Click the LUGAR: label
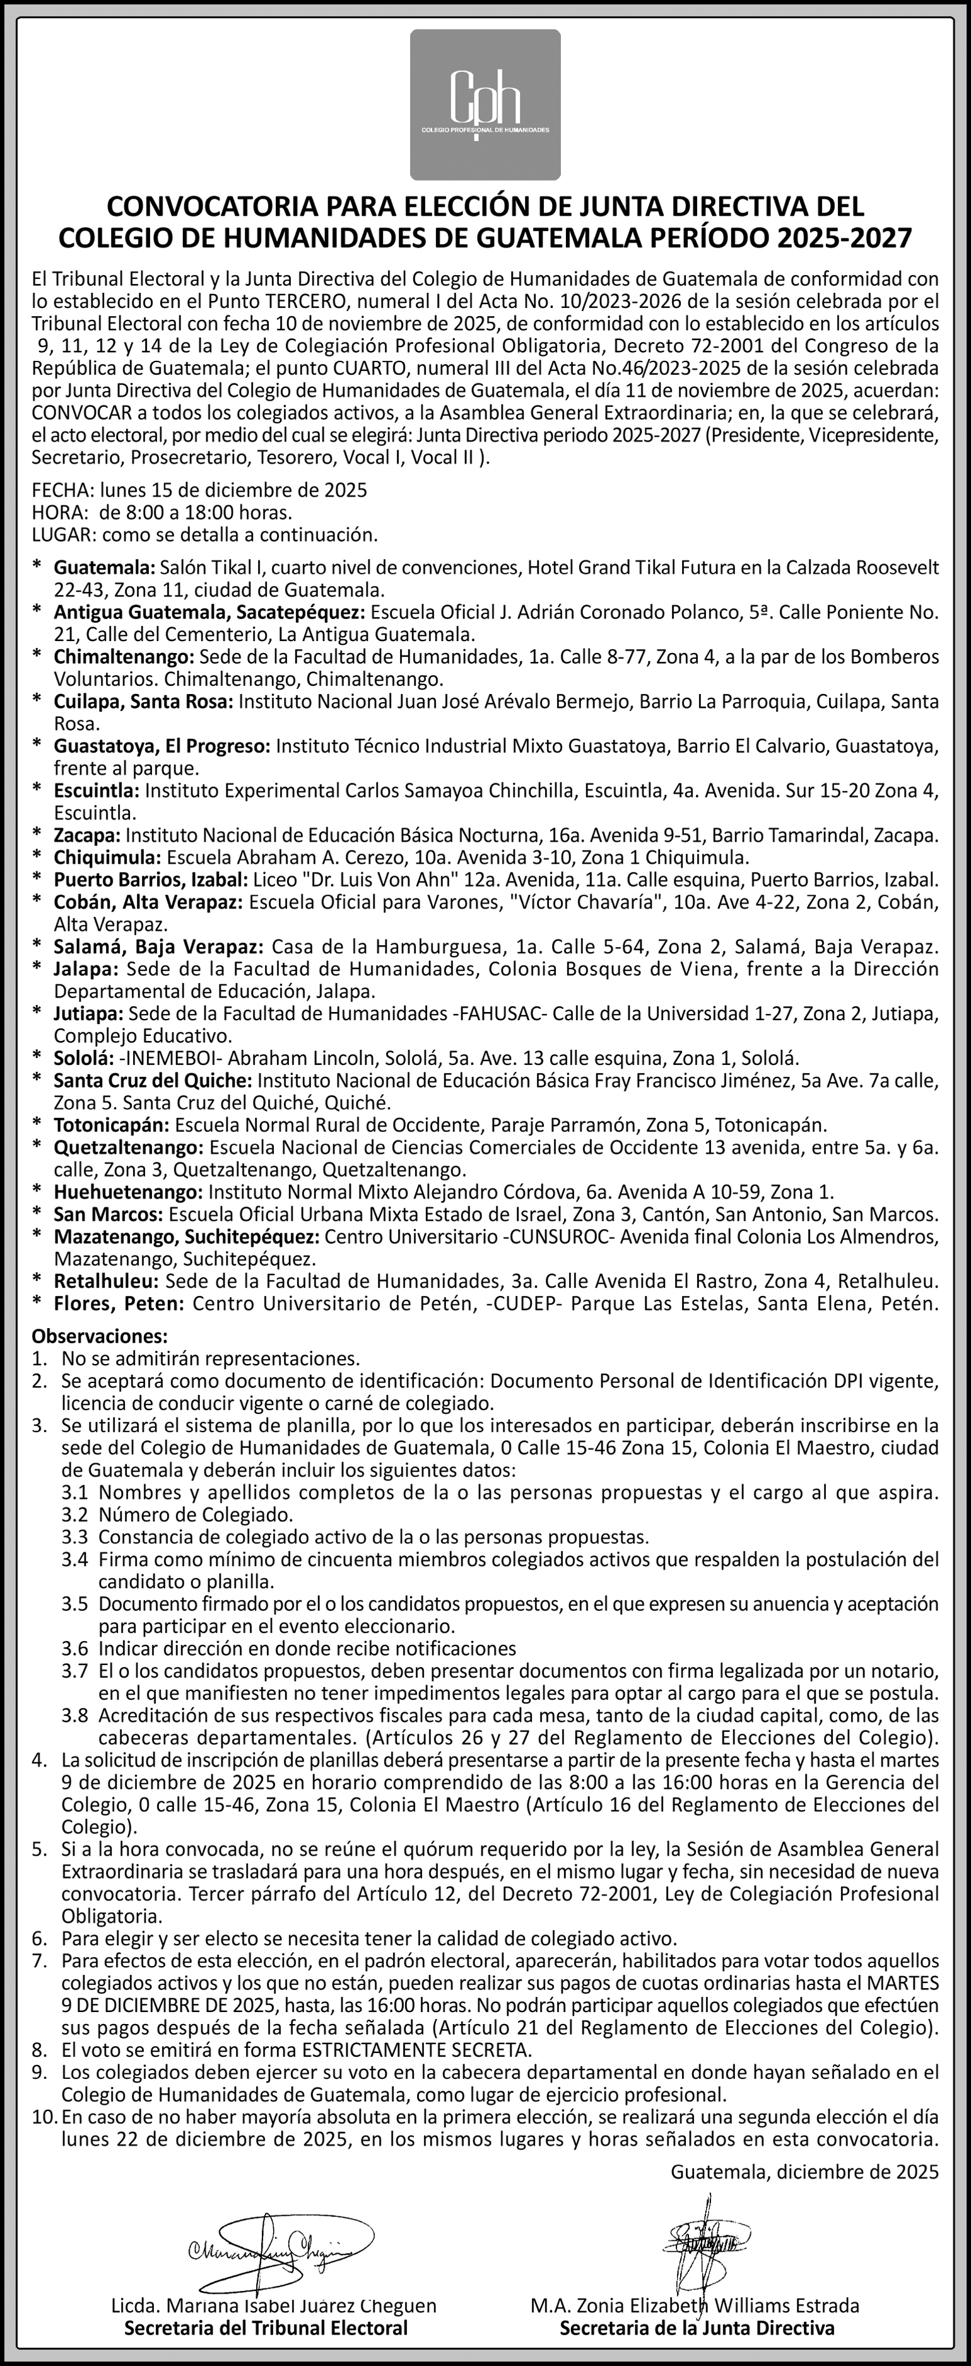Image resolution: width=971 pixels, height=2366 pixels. pos(64,534)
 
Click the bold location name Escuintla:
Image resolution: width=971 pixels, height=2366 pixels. pos(97,790)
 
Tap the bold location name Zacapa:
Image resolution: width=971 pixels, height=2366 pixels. pos(87,835)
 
